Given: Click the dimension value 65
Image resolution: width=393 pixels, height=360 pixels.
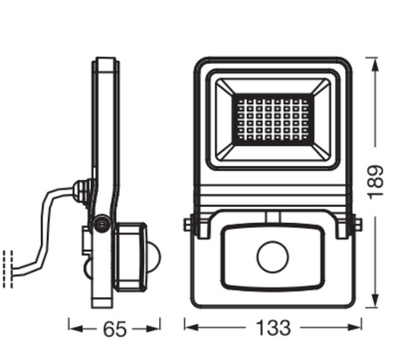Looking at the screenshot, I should [x=114, y=329].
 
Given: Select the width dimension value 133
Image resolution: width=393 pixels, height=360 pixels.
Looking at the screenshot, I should [x=272, y=329].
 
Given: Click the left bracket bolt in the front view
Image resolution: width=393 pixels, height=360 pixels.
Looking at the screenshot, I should [x=190, y=225].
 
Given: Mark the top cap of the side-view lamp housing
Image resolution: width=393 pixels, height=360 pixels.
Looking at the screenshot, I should [x=106, y=63].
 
